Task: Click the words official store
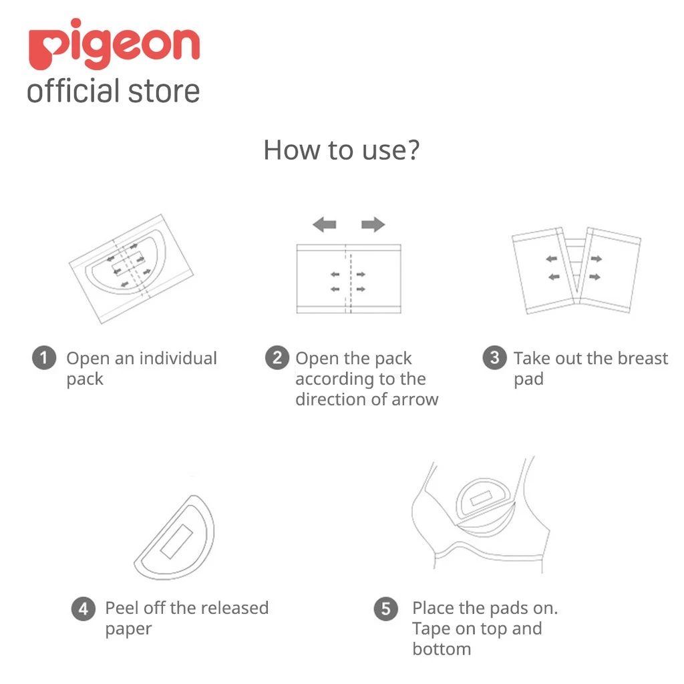click(114, 92)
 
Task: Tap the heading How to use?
click(341, 150)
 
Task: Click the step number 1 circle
click(44, 359)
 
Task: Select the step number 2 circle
click(277, 359)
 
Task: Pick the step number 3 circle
click(494, 358)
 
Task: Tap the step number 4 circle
click(83, 609)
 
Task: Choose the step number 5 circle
click(385, 609)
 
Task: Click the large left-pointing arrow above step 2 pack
click(325, 224)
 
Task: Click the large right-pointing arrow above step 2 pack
click(373, 224)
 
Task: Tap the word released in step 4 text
click(234, 609)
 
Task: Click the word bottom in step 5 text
click(442, 649)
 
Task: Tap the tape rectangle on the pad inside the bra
click(482, 500)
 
